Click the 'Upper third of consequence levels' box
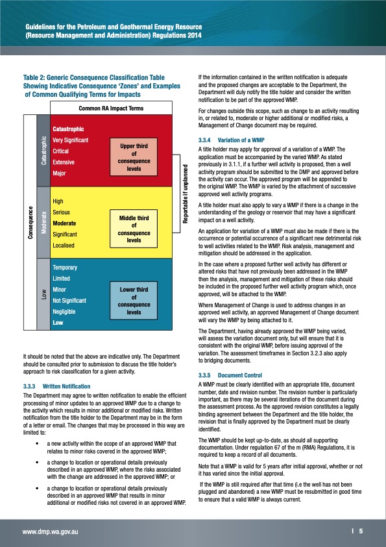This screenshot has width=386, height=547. pos(134,157)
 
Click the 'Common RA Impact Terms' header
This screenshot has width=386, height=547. pos(111,108)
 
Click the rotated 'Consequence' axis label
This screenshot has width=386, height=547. pos(30,223)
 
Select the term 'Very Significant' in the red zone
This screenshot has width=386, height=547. pos(70,140)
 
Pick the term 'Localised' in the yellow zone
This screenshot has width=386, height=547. pos(64,246)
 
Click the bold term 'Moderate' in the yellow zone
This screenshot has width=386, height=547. pos(66,223)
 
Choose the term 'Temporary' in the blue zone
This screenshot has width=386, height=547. pos(66,268)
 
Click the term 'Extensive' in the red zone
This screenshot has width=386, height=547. pos(64,162)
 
